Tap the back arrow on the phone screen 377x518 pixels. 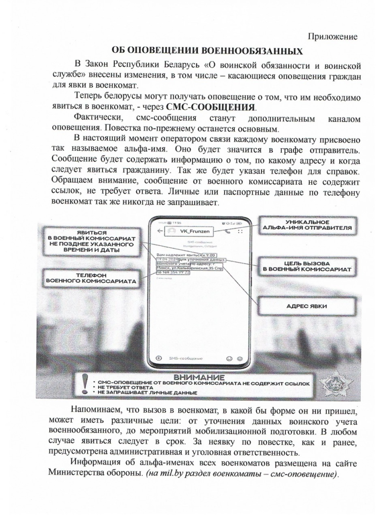coord(159,231)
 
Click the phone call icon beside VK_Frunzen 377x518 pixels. coord(228,231)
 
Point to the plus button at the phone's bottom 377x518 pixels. coord(159,358)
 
